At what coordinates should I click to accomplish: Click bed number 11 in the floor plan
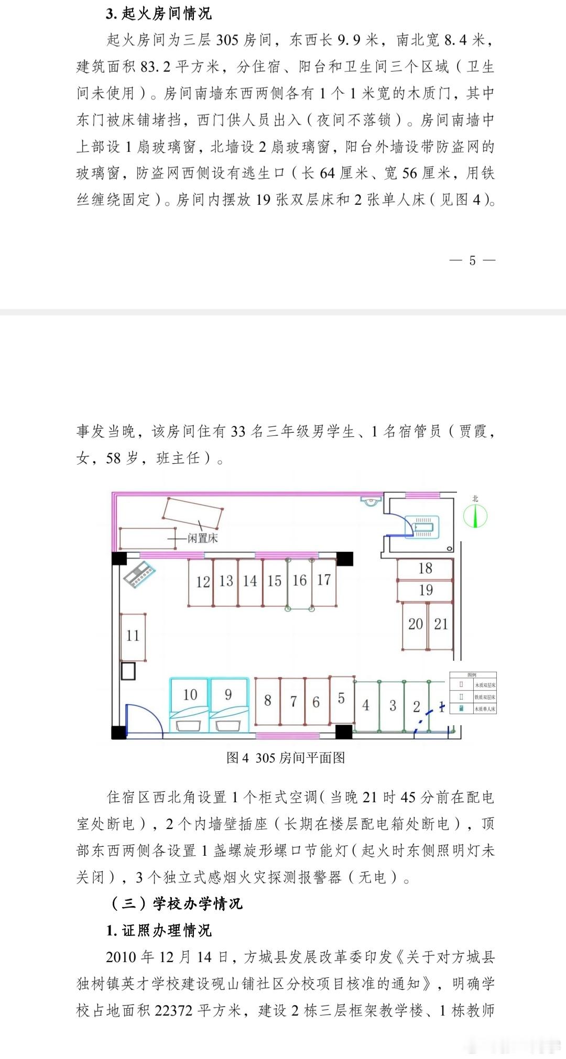[133, 636]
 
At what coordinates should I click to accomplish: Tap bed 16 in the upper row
[299, 581]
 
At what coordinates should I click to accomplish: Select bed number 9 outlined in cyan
[228, 695]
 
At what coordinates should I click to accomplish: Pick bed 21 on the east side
[441, 624]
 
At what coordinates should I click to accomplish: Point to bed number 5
[341, 698]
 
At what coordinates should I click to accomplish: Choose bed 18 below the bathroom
[425, 569]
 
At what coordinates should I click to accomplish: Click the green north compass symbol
[475, 516]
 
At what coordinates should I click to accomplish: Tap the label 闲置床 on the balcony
[203, 538]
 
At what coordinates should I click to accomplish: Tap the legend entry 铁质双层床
[484, 697]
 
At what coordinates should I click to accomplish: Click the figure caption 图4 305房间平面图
[286, 758]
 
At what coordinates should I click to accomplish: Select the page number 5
[472, 260]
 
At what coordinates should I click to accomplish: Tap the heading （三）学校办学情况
[177, 903]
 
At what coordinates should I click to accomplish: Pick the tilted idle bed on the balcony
[193, 513]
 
